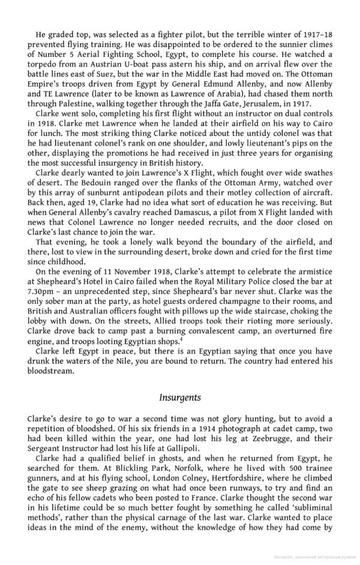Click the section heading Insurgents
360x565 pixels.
coord(180,397)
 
